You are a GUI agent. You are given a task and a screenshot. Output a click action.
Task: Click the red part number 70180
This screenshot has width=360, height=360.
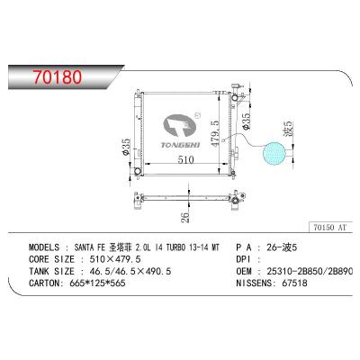[x=58, y=77]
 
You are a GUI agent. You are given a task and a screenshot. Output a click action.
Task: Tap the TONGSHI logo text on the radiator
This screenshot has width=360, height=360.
[x=181, y=145]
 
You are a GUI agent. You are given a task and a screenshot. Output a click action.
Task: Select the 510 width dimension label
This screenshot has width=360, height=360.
[x=185, y=159]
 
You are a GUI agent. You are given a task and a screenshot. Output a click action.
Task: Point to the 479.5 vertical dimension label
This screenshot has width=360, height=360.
[x=215, y=133]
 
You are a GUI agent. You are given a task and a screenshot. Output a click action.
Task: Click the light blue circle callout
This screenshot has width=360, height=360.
[x=274, y=153]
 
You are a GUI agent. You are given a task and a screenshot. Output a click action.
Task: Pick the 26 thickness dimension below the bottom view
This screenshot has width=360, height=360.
[x=186, y=217]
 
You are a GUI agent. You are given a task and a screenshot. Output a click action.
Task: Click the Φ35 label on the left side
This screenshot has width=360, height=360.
[x=126, y=147]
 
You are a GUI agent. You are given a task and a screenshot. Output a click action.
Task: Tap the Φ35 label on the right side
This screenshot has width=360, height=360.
[x=246, y=121]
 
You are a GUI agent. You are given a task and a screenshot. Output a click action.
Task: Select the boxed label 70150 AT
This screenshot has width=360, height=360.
[x=330, y=227]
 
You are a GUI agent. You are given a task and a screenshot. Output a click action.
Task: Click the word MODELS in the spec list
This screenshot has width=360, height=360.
[x=44, y=247]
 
